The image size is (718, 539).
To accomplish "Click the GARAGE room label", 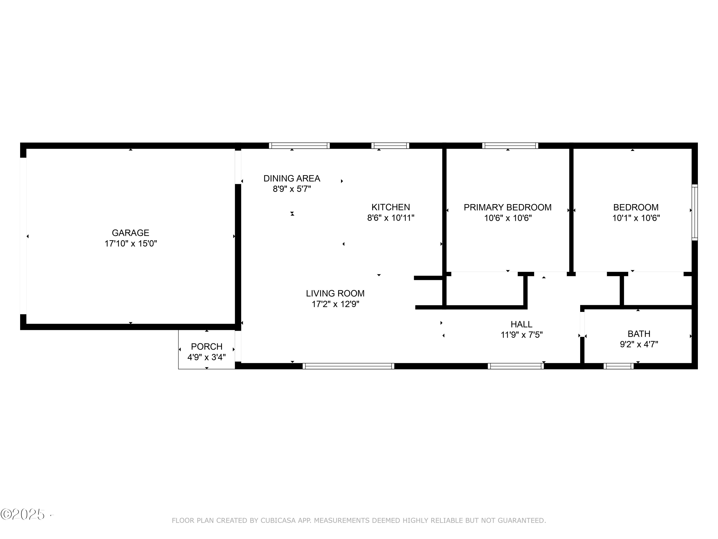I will (130, 233).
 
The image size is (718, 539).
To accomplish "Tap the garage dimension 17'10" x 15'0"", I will (130, 243).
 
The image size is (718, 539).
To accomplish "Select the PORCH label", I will (207, 346).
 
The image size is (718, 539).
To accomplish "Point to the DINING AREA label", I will (292, 178).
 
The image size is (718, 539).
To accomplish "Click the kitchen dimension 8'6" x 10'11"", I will (391, 218).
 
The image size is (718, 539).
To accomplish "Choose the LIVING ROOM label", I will (335, 293).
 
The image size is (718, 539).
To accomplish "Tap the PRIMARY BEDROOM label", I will (507, 207).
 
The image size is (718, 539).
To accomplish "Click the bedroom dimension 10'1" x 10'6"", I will (636, 218).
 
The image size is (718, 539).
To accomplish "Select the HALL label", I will (521, 324).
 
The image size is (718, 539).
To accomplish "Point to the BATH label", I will (639, 334).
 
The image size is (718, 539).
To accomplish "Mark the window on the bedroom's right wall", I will (694, 212).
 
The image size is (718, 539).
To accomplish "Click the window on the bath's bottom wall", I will (618, 366).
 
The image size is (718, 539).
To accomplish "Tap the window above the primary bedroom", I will (510, 146).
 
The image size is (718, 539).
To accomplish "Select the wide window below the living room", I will (348, 366).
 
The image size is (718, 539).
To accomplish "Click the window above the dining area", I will (299, 146).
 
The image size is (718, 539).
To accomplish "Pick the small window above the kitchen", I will (390, 146).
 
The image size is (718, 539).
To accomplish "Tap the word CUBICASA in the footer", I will (278, 521).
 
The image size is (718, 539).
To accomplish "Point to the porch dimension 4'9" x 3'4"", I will (207, 357).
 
